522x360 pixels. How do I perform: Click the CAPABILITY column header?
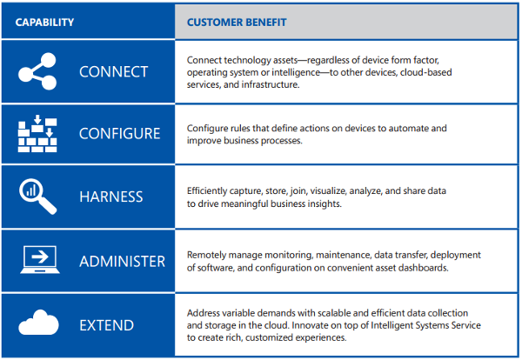[x=44, y=23]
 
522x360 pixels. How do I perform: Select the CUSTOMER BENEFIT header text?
[x=237, y=23]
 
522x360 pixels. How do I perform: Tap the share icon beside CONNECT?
[x=37, y=71]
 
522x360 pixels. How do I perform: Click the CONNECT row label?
[x=113, y=72]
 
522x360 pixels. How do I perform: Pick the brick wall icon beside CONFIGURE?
[x=37, y=133]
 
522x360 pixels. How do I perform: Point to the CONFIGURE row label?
[x=119, y=133]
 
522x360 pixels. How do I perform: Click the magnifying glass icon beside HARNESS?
[x=37, y=197]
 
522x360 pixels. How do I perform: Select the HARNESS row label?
[x=110, y=197]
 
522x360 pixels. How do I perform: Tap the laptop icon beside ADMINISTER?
[x=40, y=260]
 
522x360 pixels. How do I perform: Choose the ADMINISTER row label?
[x=122, y=262]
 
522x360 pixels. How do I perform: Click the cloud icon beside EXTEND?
[x=38, y=322]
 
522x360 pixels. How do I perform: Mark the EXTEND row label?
[x=106, y=325]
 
